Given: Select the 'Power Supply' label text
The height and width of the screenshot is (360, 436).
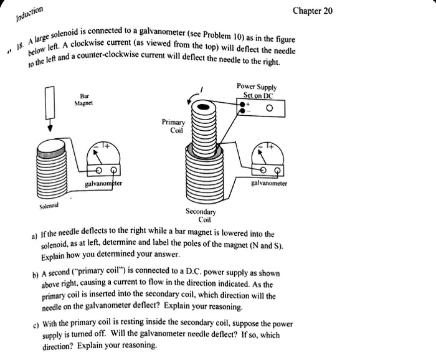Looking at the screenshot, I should (x=257, y=87).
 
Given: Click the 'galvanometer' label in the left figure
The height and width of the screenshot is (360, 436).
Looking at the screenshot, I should (x=104, y=184).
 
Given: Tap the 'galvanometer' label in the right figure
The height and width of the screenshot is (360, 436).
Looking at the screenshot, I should (x=269, y=184).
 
